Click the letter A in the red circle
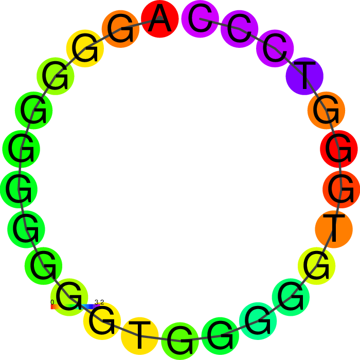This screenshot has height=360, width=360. coord(160,19)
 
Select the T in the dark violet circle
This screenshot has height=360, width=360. coord(304,75)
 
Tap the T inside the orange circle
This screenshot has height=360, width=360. coord(334,228)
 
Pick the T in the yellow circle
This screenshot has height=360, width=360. coord(139,335)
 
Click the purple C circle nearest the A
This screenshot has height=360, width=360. coord(200,19)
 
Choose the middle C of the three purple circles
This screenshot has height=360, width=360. coord(240,29)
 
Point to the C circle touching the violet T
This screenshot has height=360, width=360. coord(275,48)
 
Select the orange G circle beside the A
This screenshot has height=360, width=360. coord(120,29)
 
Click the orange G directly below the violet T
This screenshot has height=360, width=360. coord(326,111)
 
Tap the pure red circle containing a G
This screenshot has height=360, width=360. coord(339,149)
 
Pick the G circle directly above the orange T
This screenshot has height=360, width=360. coord(341,189)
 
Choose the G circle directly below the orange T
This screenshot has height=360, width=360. coord(317,266)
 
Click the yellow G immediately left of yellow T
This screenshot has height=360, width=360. coord(102,321)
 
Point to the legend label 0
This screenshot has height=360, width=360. coord(52,302)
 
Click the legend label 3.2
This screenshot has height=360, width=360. coord(99,302)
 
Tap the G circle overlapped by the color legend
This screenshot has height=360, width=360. coord(69,297)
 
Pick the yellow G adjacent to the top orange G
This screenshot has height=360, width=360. coord(85,48)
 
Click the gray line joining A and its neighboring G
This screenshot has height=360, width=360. coord(140,24)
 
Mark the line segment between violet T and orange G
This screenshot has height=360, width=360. coord(315,93)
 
